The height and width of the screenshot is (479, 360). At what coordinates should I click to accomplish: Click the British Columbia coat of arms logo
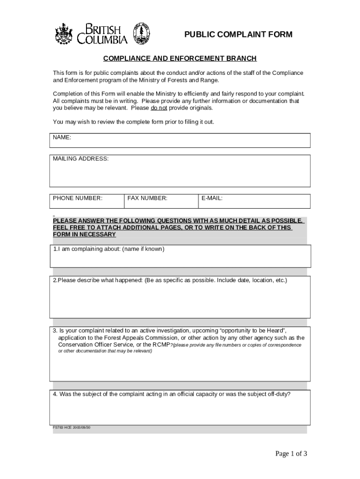coord(64,34)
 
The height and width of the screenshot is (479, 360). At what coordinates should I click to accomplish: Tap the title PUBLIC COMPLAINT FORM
coord(238,35)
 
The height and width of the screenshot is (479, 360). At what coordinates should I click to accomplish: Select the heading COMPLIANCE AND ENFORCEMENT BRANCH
coord(180,58)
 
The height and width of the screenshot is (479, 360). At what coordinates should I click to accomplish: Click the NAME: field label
coord(62,138)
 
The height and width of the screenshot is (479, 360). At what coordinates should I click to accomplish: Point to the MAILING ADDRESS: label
coord(80,159)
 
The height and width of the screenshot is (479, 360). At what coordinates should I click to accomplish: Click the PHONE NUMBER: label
coord(77,198)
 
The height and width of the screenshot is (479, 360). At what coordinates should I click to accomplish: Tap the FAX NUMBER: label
coord(147,198)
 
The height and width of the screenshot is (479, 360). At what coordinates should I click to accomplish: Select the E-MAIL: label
coord(212,198)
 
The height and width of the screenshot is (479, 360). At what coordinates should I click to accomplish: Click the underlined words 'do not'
coord(159,108)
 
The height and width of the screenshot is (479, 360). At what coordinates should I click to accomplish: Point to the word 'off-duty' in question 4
coord(279,394)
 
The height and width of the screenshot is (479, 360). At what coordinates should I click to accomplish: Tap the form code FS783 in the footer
coord(58,428)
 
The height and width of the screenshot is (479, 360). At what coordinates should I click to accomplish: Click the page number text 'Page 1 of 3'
coord(291,454)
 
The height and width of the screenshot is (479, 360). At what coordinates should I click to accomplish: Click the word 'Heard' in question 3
coord(270,330)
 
